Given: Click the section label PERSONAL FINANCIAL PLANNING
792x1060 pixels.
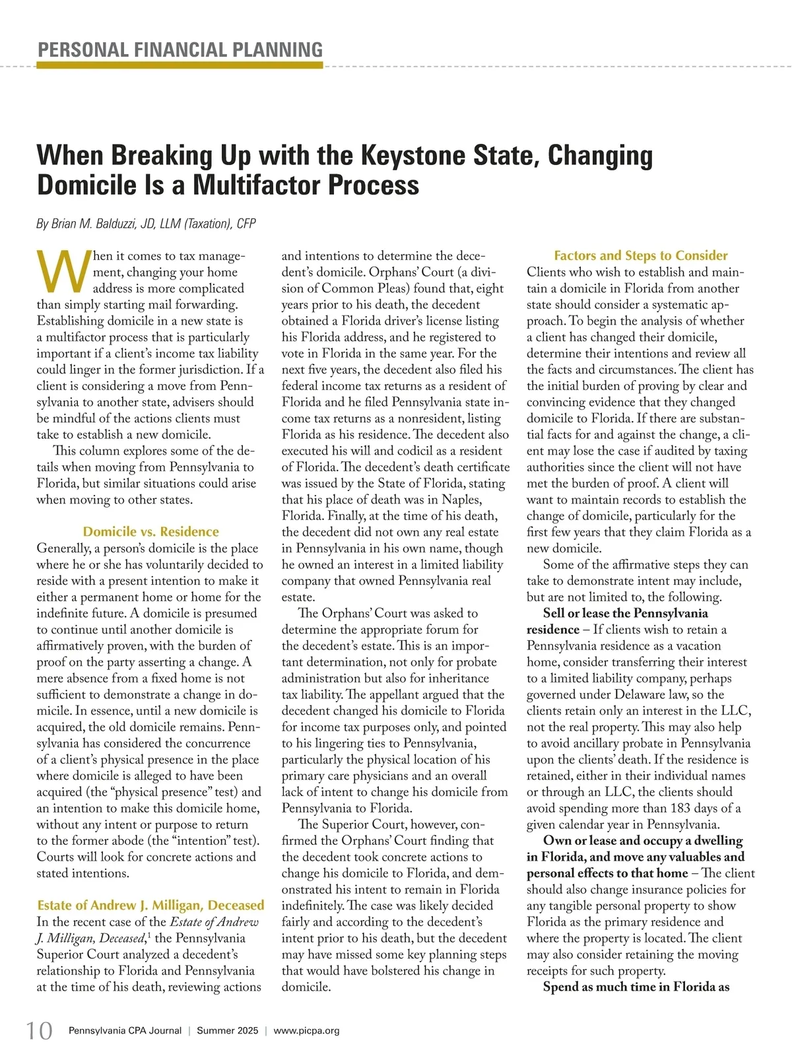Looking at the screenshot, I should [180, 50].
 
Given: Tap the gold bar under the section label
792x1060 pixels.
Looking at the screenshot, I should [180, 65].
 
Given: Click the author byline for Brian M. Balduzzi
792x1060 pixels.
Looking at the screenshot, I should [145, 224].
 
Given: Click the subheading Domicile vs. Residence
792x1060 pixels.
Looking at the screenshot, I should [150, 532].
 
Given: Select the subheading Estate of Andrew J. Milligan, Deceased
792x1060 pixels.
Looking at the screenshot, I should [150, 906].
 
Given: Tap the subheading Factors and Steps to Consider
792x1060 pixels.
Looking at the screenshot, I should [640, 255].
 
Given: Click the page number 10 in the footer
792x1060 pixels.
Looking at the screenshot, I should [39, 1030].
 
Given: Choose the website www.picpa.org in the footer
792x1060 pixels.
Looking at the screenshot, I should [306, 1030].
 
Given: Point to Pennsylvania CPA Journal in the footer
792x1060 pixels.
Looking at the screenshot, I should [125, 1030].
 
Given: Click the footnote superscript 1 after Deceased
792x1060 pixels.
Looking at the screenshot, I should [147, 935].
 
